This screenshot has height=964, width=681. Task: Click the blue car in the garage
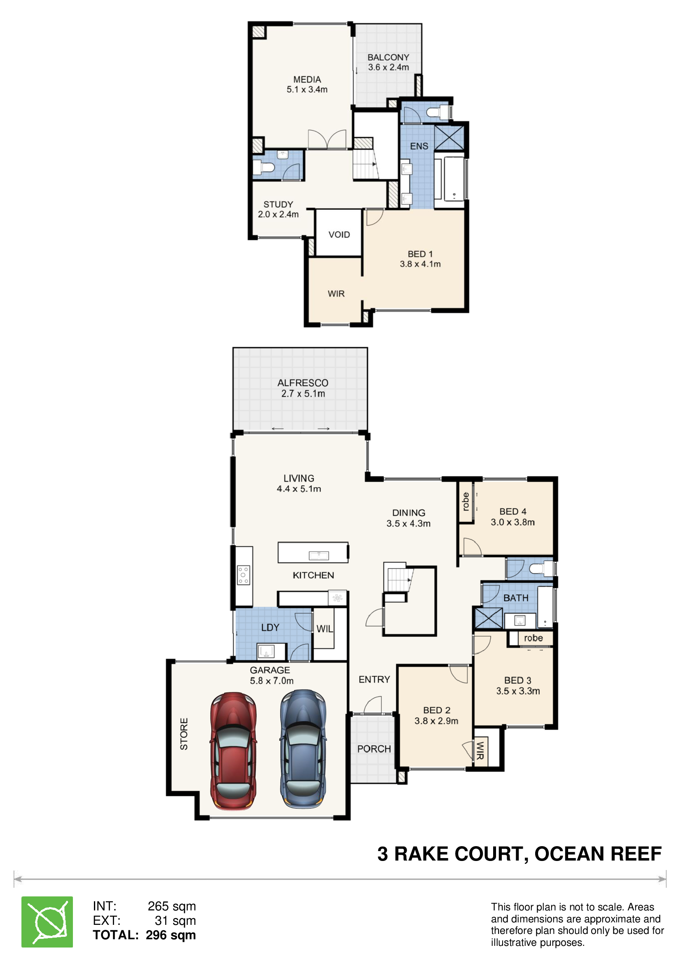[x=303, y=748]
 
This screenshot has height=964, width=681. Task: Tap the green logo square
[x=47, y=922]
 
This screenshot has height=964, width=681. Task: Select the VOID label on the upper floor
[x=339, y=235]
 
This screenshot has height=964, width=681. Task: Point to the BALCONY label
[x=388, y=58]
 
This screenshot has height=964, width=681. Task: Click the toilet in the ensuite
[x=438, y=112]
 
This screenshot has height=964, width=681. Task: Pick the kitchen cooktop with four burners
[x=243, y=575]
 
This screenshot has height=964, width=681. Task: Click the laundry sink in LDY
[x=266, y=652]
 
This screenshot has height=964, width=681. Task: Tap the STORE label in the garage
[x=184, y=734]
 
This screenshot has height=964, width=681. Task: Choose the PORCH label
[x=374, y=748]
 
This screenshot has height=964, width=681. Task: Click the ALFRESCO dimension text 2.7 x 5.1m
[x=303, y=394]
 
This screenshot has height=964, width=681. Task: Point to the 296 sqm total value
[x=171, y=935]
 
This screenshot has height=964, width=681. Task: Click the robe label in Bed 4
[x=465, y=501]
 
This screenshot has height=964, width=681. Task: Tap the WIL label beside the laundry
[x=325, y=629]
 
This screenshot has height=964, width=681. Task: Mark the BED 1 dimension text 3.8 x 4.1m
[x=420, y=264]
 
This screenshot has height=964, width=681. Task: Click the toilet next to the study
[x=264, y=167]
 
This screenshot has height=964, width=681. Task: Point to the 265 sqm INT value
[x=172, y=906]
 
